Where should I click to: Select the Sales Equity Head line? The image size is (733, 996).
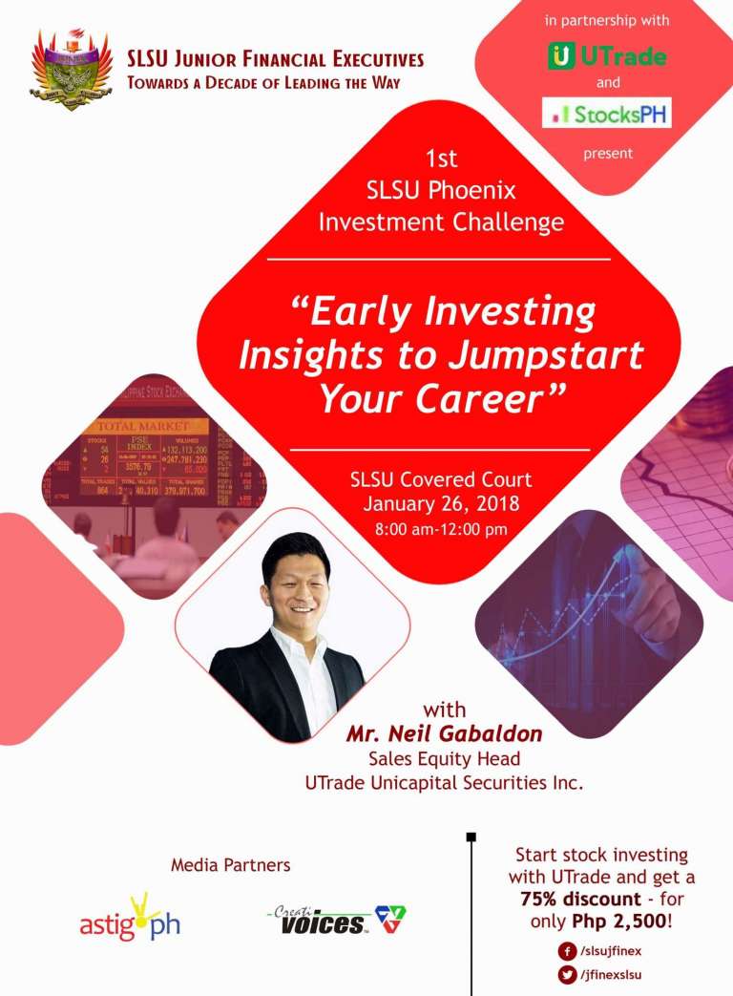[x=444, y=760]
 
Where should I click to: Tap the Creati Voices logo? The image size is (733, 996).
[x=335, y=919]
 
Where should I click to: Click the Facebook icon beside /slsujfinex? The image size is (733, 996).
[x=567, y=951]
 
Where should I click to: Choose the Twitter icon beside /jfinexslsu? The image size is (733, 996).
[x=567, y=974]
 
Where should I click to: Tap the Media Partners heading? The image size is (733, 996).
[x=230, y=865]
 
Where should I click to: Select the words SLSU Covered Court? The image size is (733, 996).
[x=440, y=479]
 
